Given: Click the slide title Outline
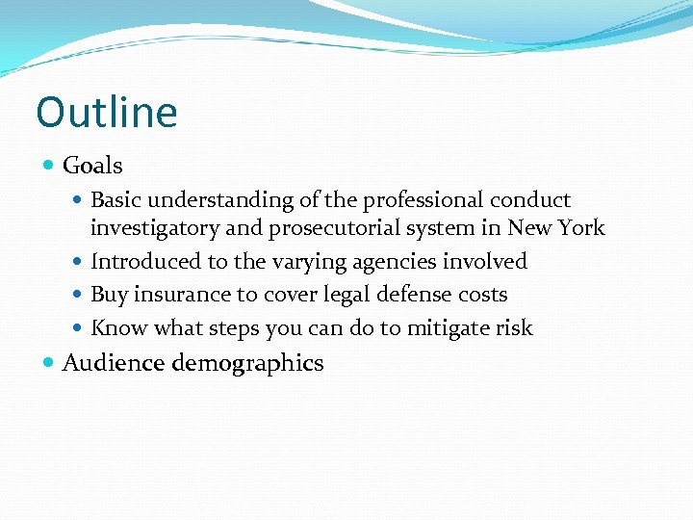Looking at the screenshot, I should [x=107, y=112].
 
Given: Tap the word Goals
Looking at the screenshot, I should [x=92, y=166].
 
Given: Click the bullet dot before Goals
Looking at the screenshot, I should [x=50, y=166].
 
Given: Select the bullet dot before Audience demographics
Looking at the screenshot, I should [x=50, y=363].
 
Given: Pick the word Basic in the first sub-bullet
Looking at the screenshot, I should [x=116, y=200].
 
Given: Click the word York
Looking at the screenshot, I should [x=581, y=228].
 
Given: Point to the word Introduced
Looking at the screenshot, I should [x=144, y=261].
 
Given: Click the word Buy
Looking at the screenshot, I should [x=108, y=295].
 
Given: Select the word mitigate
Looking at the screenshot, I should [x=449, y=327].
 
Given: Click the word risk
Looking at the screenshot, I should [x=514, y=327].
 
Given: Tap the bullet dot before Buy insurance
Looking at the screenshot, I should [x=78, y=295].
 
